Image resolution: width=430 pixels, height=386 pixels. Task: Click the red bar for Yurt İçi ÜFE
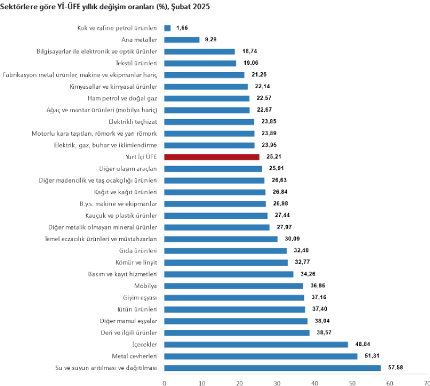click(212, 157)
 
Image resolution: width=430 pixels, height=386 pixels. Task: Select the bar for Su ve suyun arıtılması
click(272, 368)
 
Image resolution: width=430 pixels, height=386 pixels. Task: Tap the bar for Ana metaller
click(182, 40)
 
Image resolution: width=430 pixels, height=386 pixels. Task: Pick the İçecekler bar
click(256, 344)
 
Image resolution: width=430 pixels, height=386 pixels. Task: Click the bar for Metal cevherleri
click(261, 356)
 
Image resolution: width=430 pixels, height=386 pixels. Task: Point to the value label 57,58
click(394, 368)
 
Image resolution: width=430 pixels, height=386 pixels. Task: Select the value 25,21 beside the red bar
click(273, 157)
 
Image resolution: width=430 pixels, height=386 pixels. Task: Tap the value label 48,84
click(362, 344)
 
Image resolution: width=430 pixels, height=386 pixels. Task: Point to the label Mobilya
click(146, 286)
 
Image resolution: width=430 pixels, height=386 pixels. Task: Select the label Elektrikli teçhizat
click(132, 121)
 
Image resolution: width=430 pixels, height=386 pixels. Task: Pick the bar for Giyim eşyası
click(234, 297)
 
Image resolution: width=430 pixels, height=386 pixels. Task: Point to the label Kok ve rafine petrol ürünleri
click(117, 28)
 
